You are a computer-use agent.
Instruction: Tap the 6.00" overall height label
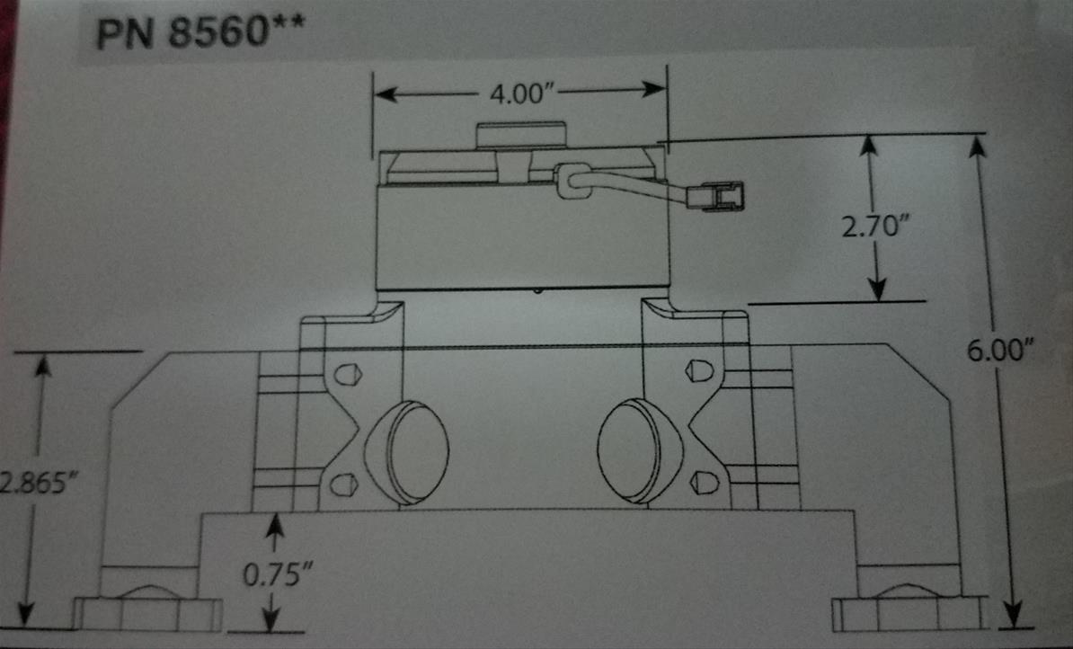tap(998, 351)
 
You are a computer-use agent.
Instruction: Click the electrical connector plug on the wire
tap(723, 195)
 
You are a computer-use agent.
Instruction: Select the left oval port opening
tap(409, 452)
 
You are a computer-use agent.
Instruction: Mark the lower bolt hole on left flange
tap(342, 485)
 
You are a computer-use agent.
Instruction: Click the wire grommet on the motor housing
tap(572, 180)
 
